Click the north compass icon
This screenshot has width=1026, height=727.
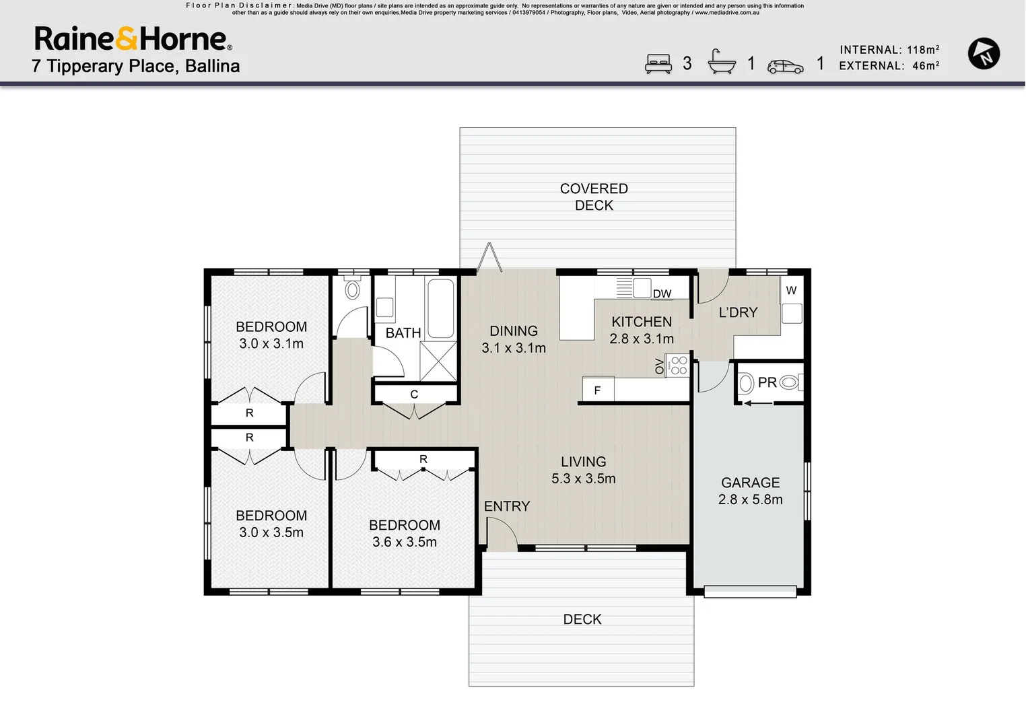click(984, 54)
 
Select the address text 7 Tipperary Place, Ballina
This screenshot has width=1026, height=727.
click(135, 66)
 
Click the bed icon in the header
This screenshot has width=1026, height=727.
click(658, 64)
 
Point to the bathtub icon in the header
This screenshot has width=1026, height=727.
click(721, 62)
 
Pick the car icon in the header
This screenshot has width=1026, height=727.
click(785, 66)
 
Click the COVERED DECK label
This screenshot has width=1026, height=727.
click(594, 197)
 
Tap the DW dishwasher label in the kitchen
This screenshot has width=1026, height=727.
click(662, 293)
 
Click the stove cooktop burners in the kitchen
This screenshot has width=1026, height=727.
click(679, 366)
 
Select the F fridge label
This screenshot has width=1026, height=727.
click(597, 390)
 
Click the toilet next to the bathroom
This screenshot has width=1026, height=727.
click(352, 289)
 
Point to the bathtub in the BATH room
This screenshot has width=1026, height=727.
click(441, 308)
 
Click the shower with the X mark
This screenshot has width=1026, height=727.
click(438, 361)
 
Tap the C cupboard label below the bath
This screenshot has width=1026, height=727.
click(414, 394)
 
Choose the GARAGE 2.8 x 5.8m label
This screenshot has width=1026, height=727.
click(750, 491)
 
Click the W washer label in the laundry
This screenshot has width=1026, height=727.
click(791, 291)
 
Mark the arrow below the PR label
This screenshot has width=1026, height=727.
click(757, 403)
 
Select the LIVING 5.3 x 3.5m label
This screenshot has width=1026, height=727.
click(583, 470)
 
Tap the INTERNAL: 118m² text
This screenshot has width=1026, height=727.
click(889, 50)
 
